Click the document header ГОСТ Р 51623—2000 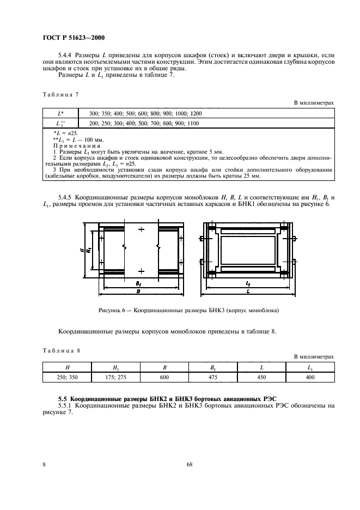point(74,38)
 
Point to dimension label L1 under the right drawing point(248,284)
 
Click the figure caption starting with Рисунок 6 point(188,310)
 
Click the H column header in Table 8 point(66,367)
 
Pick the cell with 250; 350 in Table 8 point(66,377)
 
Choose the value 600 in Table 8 point(164,377)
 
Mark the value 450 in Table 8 point(262,377)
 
